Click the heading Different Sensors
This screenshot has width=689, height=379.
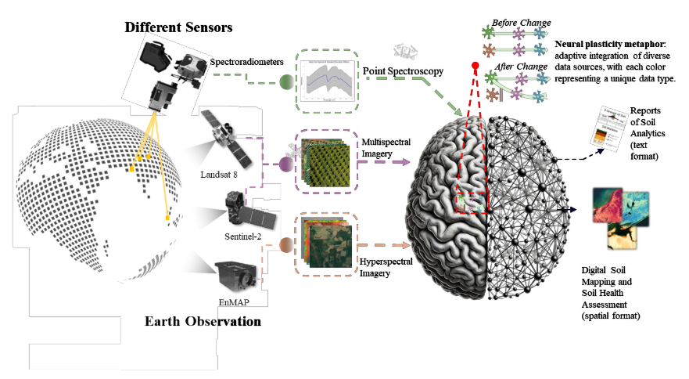[179, 27]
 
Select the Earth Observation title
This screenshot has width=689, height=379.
[203, 322]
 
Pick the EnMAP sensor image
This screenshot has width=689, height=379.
[236, 275]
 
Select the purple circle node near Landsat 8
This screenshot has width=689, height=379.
[286, 164]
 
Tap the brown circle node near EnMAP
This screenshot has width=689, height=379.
[286, 246]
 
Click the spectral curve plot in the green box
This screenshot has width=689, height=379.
[327, 80]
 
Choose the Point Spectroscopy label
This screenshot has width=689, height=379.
[403, 71]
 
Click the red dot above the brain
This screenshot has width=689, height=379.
[475, 66]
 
